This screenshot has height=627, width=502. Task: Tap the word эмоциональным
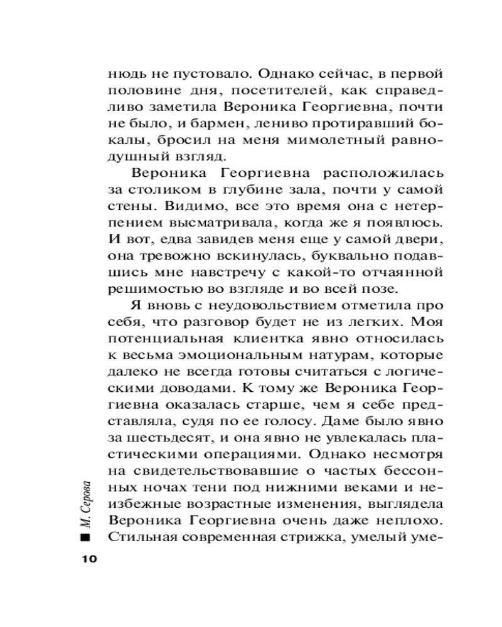[x=226, y=355]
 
